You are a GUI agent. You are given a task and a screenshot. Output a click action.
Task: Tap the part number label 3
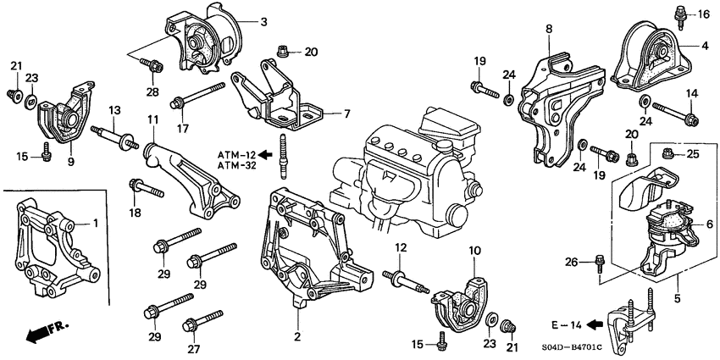pyautogui.click(x=263, y=21)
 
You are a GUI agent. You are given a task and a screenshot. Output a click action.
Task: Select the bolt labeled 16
pyautogui.click(x=679, y=15)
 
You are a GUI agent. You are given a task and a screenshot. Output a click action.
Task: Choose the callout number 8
pyautogui.click(x=548, y=30)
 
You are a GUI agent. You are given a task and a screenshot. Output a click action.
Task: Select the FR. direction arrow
pyautogui.click(x=34, y=332)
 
